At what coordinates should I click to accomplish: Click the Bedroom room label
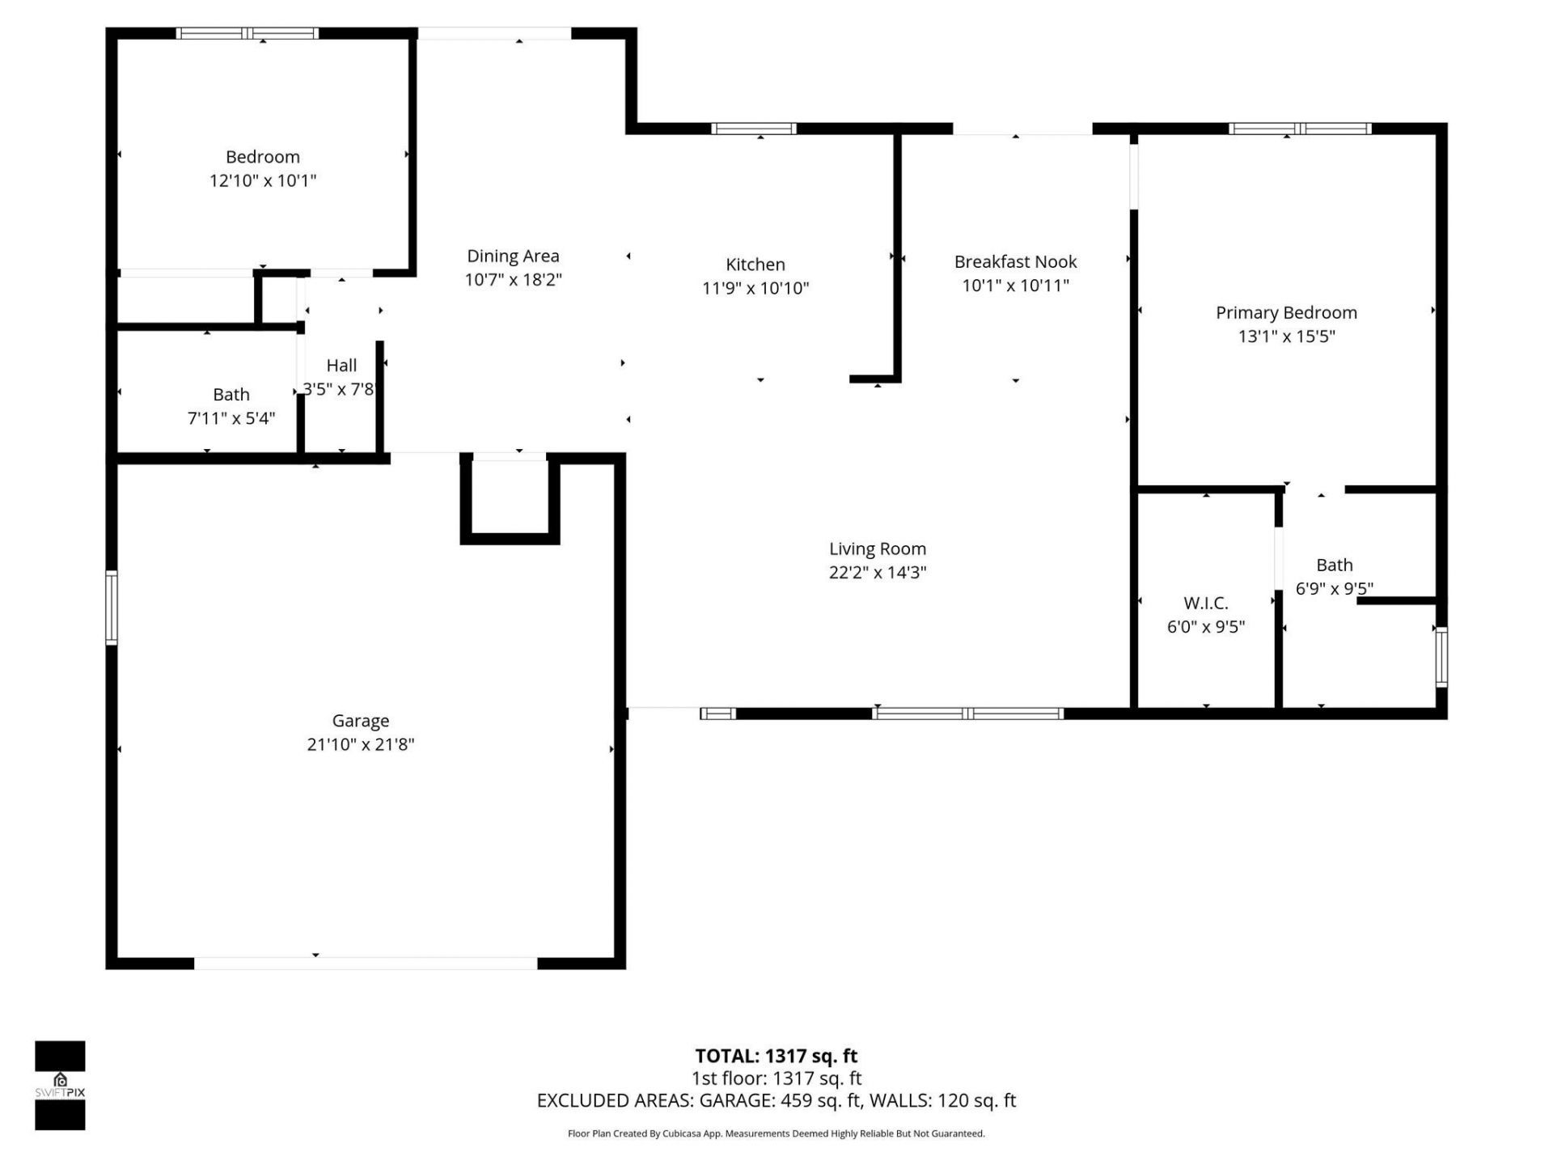[262, 157]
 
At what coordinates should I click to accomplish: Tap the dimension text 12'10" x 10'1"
[262, 180]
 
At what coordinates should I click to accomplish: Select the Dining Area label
[513, 256]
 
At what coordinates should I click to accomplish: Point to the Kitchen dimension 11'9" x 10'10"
[755, 288]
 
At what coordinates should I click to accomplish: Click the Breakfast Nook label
[1015, 262]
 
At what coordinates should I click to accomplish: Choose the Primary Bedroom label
[1286, 313]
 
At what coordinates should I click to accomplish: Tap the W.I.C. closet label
[1205, 604]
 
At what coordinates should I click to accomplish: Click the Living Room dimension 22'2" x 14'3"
[877, 573]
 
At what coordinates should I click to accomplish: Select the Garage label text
[361, 721]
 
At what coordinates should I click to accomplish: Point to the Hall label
[341, 366]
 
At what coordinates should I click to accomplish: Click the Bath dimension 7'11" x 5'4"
[231, 418]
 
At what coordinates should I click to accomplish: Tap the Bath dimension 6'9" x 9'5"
[1334, 589]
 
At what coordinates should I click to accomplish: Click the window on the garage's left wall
[112, 608]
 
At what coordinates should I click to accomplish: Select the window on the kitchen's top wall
[753, 129]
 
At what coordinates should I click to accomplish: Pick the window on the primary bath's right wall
[1441, 656]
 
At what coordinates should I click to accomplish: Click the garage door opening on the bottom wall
[366, 963]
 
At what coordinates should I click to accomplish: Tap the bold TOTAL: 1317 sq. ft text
[776, 1056]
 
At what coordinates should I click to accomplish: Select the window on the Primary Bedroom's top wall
[1299, 129]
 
